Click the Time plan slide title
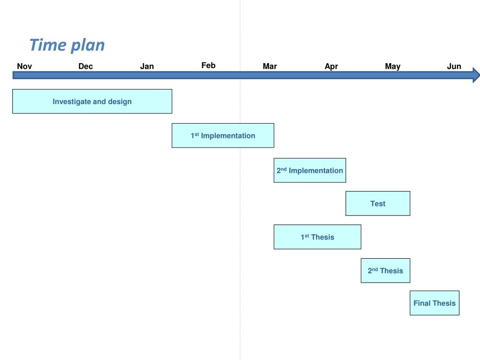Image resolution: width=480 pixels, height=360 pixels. pyautogui.click(x=67, y=45)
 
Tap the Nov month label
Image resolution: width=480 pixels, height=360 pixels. pyautogui.click(x=24, y=66)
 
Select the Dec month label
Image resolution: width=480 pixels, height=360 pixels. pyautogui.click(x=86, y=66)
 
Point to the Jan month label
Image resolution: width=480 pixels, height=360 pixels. pyautogui.click(x=147, y=66)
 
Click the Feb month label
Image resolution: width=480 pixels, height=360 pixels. pyautogui.click(x=209, y=65)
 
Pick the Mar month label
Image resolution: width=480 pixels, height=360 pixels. pyautogui.click(x=270, y=66)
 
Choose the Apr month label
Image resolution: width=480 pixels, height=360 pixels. pyautogui.click(x=331, y=66)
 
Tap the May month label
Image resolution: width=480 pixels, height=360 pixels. pyautogui.click(x=392, y=66)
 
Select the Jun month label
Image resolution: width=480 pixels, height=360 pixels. pyautogui.click(x=454, y=66)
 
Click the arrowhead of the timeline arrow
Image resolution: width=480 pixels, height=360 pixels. pyautogui.click(x=476, y=75)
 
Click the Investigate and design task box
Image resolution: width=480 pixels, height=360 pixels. pyautogui.click(x=92, y=101)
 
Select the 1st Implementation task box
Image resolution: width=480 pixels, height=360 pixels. pyautogui.click(x=223, y=135)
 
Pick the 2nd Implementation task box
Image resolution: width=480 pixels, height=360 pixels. pyautogui.click(x=309, y=170)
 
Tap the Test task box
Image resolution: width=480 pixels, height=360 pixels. pyautogui.click(x=377, y=203)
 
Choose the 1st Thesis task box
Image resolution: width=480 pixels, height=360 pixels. pyautogui.click(x=317, y=237)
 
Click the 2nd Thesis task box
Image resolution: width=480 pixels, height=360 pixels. pyautogui.click(x=385, y=270)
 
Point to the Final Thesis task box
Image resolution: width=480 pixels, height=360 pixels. pyautogui.click(x=434, y=303)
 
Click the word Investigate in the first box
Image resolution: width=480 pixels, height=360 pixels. pyautogui.click(x=70, y=101)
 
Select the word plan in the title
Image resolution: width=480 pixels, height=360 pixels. pyautogui.click(x=88, y=45)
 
